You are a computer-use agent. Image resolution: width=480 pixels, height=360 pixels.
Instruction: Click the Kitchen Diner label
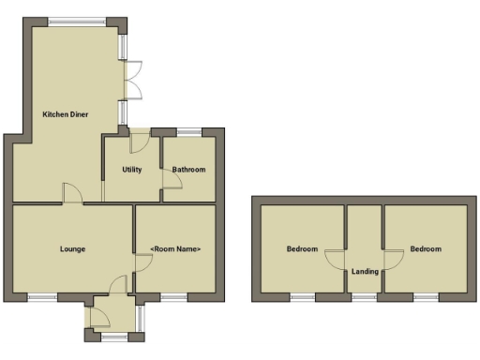(65, 114)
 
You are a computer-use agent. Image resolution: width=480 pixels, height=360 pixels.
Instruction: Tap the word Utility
(131, 170)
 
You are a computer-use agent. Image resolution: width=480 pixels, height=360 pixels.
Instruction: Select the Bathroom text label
(188, 170)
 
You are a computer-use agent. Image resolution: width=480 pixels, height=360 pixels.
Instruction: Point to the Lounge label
(72, 249)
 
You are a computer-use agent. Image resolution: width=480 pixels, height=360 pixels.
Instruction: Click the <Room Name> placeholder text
(175, 249)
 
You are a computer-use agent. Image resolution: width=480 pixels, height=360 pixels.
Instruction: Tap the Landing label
(364, 272)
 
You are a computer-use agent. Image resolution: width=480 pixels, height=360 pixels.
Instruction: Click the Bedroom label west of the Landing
(302, 249)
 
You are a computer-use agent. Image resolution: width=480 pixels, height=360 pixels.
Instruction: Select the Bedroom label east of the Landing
(425, 249)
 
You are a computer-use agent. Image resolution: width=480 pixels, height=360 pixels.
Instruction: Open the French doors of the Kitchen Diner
(134, 79)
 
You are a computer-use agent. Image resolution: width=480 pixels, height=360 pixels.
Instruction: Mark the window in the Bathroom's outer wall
(188, 130)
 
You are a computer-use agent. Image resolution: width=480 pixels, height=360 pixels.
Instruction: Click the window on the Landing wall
(364, 297)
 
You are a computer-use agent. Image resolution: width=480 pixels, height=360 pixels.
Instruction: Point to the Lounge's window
(41, 297)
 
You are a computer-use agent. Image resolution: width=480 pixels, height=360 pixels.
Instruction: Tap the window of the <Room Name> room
(174, 297)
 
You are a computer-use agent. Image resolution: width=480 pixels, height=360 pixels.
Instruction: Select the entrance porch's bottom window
(113, 335)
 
